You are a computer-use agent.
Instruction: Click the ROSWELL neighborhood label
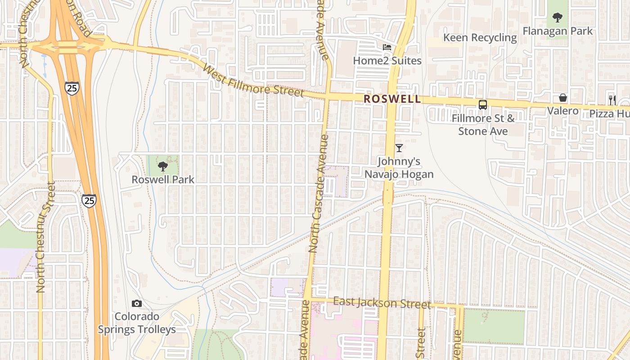coord(392,99)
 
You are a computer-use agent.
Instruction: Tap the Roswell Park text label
coord(163,180)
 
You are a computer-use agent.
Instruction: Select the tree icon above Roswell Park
coord(163,167)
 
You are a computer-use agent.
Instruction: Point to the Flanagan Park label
coord(558,31)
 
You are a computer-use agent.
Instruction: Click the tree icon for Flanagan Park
coord(558,18)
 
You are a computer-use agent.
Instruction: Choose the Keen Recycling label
coord(480,37)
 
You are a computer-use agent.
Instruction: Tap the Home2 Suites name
coord(387,60)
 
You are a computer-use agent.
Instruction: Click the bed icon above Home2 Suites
coord(387,47)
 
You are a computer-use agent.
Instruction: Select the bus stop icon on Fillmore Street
coord(483,105)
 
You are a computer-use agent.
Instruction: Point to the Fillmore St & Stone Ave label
coord(483,125)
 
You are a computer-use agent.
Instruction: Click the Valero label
coord(562,111)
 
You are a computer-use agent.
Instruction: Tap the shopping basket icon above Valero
coord(563,98)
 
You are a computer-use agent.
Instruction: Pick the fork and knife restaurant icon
coord(612,99)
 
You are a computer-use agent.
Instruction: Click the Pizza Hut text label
coord(609,113)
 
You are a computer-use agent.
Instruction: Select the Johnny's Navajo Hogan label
coord(399,168)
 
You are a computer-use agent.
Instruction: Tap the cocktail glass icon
coord(399,148)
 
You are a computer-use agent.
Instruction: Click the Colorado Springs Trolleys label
coord(137,323)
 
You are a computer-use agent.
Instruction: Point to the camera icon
coord(137,304)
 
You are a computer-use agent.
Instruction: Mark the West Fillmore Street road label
coord(253,81)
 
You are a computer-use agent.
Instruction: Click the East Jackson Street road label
coord(382,303)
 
